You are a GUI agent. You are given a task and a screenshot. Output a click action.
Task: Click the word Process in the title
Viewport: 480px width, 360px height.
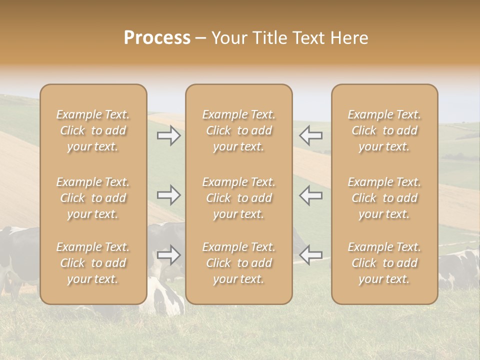(x=157, y=38)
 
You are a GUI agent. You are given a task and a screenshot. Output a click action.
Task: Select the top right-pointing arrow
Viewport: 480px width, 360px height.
(x=169, y=135)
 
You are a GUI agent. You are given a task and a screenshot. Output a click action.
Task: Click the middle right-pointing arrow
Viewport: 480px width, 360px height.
(x=169, y=195)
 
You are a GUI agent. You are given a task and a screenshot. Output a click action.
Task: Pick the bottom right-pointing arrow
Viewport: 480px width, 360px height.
(x=169, y=255)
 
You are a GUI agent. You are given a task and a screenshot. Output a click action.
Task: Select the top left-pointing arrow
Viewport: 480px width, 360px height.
(x=310, y=135)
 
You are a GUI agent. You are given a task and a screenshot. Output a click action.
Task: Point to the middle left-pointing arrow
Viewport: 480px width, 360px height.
(x=310, y=195)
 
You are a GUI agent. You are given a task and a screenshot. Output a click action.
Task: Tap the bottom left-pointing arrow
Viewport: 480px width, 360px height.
(x=310, y=255)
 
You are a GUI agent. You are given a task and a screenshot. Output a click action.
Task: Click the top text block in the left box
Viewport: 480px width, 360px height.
(x=93, y=130)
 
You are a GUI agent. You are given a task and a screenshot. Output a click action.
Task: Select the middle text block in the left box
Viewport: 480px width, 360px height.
(x=93, y=198)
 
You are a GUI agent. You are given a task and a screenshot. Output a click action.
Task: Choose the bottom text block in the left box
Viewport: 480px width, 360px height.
(x=93, y=263)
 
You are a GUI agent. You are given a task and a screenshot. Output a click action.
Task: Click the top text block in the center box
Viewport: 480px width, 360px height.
(x=239, y=130)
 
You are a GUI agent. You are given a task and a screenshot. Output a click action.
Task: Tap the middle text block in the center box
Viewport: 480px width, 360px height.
(x=239, y=198)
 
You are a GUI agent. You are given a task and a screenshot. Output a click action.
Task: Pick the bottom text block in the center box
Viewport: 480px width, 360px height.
(x=239, y=263)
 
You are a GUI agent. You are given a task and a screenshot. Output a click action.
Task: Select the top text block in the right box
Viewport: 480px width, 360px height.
(x=384, y=130)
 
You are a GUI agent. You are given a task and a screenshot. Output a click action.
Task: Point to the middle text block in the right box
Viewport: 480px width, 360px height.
(x=384, y=198)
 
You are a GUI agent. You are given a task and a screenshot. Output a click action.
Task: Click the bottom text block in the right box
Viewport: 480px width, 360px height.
(x=384, y=263)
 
